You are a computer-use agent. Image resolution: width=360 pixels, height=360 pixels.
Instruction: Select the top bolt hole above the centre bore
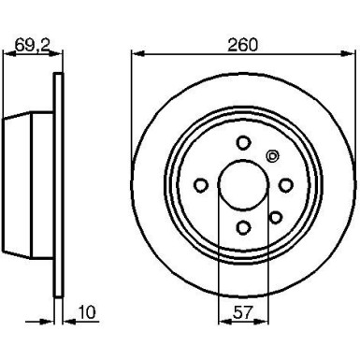point(243,142)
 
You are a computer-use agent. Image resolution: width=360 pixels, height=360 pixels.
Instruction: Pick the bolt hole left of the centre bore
point(201,185)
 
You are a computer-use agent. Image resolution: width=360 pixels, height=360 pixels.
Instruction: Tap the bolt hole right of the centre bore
point(286,185)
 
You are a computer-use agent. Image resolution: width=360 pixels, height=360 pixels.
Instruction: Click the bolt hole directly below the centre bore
point(243,227)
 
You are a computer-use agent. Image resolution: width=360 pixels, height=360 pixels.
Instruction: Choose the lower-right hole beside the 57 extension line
point(274,217)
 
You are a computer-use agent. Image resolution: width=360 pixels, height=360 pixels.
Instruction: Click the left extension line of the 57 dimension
point(218,271)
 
